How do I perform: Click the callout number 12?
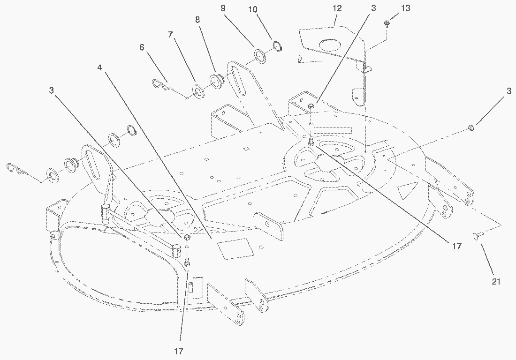[x=337, y=8]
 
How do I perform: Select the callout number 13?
[x=406, y=8]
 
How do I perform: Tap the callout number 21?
[x=496, y=281]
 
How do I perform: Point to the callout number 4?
[x=100, y=67]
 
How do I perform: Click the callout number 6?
[x=142, y=47]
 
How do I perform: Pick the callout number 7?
[x=170, y=35]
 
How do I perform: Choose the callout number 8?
[x=197, y=20]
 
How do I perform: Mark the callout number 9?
[x=223, y=8]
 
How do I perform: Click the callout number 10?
[x=252, y=9]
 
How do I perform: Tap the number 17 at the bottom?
[x=178, y=351]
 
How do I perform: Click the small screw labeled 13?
[x=387, y=23]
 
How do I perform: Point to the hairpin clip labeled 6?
[x=162, y=85]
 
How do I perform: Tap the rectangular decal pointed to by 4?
[x=235, y=248]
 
